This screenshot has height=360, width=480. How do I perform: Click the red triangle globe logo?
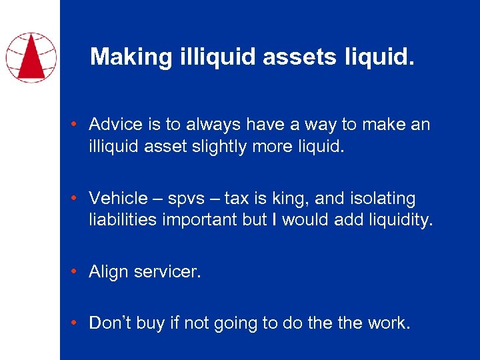click(31, 57)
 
